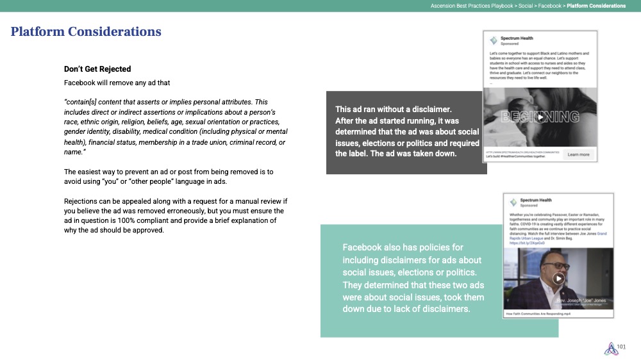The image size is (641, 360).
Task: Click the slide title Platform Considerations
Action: point(86,31)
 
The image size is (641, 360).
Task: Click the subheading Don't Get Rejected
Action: point(97,69)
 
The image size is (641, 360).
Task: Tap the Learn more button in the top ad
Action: point(578,154)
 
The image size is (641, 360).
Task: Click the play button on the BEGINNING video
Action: point(540,117)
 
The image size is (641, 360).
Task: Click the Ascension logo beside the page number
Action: point(610,348)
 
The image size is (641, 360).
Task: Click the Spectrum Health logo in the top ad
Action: point(493,40)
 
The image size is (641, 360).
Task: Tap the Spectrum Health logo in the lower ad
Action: point(513,202)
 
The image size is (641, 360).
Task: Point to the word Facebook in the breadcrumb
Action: point(551,6)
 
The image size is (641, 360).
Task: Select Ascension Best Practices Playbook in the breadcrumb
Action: point(472,6)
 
